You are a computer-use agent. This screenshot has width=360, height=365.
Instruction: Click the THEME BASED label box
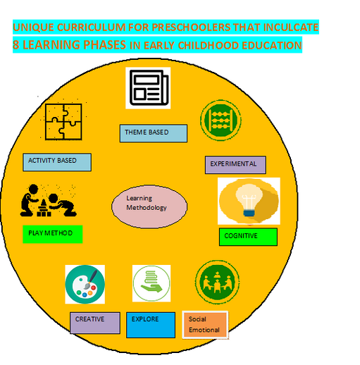click(x=154, y=133)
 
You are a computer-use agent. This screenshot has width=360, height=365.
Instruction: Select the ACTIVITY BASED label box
click(x=57, y=162)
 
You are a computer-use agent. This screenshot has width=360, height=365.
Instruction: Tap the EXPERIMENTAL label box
click(x=235, y=165)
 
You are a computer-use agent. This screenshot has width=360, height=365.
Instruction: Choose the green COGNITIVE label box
click(x=248, y=237)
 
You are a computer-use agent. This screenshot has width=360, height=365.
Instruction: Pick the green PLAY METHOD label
click(x=53, y=234)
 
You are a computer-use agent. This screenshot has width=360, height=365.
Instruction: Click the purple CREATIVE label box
click(x=95, y=323)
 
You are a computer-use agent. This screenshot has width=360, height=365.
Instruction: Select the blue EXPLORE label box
click(x=151, y=325)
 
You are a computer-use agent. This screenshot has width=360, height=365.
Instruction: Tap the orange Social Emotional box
click(x=205, y=325)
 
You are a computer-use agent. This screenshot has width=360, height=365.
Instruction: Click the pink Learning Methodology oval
click(x=149, y=206)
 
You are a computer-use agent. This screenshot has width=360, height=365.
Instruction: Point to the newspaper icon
click(x=148, y=88)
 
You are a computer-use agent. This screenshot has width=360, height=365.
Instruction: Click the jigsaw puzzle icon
click(x=63, y=122)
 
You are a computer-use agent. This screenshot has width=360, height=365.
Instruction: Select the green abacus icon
click(x=221, y=120)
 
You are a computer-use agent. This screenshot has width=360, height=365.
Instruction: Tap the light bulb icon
click(x=249, y=201)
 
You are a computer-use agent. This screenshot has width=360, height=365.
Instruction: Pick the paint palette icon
click(x=85, y=284)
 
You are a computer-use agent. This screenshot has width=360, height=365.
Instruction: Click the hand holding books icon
click(x=151, y=283)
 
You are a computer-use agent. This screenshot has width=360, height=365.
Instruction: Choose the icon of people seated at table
click(x=218, y=282)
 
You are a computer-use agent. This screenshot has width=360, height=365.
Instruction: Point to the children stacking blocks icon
click(x=48, y=200)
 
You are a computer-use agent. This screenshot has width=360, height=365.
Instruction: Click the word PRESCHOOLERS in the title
click(x=192, y=27)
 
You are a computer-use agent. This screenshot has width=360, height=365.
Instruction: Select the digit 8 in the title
click(x=16, y=44)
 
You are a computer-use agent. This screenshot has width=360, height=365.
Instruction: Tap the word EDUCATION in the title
click(x=272, y=45)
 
